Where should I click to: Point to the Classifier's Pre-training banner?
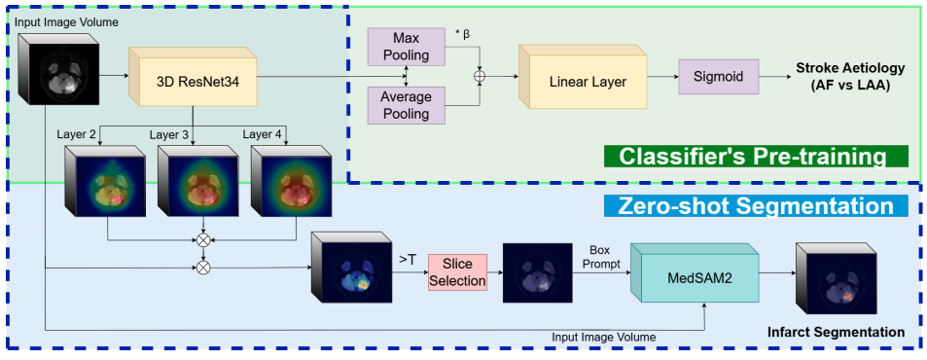[754, 156]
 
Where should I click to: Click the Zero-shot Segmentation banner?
[756, 206]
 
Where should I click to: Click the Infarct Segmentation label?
[849, 333]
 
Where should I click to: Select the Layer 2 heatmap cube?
[99, 181]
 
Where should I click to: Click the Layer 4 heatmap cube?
[290, 181]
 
